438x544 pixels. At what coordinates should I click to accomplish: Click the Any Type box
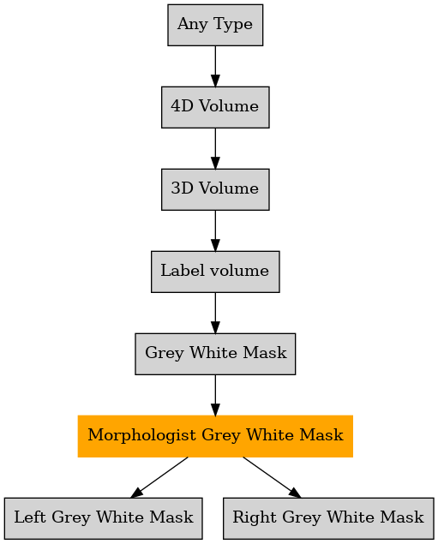tap(215, 25)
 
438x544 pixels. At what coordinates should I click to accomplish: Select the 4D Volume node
tap(215, 107)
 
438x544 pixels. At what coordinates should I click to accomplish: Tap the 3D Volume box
tap(215, 189)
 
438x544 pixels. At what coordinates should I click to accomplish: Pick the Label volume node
tap(215, 272)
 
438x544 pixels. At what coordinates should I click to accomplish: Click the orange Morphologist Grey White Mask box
tap(215, 436)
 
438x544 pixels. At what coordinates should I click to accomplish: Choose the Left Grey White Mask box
tap(104, 518)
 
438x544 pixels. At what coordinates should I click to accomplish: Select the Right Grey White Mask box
tap(328, 518)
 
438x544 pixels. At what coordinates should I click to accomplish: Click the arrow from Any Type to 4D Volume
tap(215, 66)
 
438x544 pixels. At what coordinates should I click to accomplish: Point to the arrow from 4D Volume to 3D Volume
tap(215, 148)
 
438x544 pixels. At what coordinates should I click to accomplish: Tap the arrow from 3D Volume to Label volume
tap(215, 230)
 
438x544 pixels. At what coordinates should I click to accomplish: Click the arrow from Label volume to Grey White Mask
tap(215, 313)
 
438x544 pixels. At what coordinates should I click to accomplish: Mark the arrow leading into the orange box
tap(215, 395)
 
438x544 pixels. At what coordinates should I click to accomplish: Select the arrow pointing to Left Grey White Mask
tap(159, 477)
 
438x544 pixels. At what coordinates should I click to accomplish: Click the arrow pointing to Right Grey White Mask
tap(272, 477)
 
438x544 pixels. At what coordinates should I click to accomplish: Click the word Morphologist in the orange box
tap(141, 436)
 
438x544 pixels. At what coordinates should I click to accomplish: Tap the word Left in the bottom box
tap(30, 517)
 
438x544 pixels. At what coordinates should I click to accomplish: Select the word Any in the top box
tap(192, 25)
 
